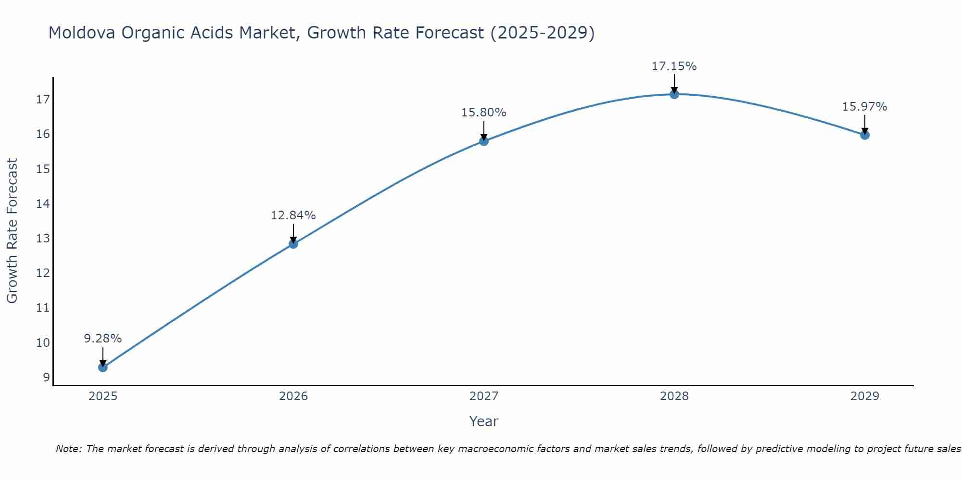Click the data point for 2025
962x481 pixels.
[x=103, y=367]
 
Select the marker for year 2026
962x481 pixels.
[x=293, y=244]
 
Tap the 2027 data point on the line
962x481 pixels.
[x=484, y=141]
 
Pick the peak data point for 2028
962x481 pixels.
[x=674, y=94]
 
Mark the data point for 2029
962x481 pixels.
[x=865, y=135]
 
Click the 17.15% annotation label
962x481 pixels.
[x=674, y=66]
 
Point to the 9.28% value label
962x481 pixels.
[x=103, y=339]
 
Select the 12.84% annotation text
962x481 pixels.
[x=293, y=215]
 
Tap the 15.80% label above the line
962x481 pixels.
[x=483, y=113]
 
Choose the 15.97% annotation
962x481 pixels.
[x=864, y=107]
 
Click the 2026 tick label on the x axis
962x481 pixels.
[x=293, y=396]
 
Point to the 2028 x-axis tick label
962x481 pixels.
[x=674, y=396]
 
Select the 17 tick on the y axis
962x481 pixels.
[x=43, y=100]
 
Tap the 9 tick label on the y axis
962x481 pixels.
[x=46, y=378]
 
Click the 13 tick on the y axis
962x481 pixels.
[x=43, y=239]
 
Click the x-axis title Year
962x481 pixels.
[x=483, y=421]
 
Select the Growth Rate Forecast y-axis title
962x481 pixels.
[x=13, y=231]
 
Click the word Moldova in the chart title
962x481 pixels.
[x=81, y=33]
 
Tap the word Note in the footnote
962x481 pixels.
[x=68, y=449]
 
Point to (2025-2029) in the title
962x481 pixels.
[x=542, y=33]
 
